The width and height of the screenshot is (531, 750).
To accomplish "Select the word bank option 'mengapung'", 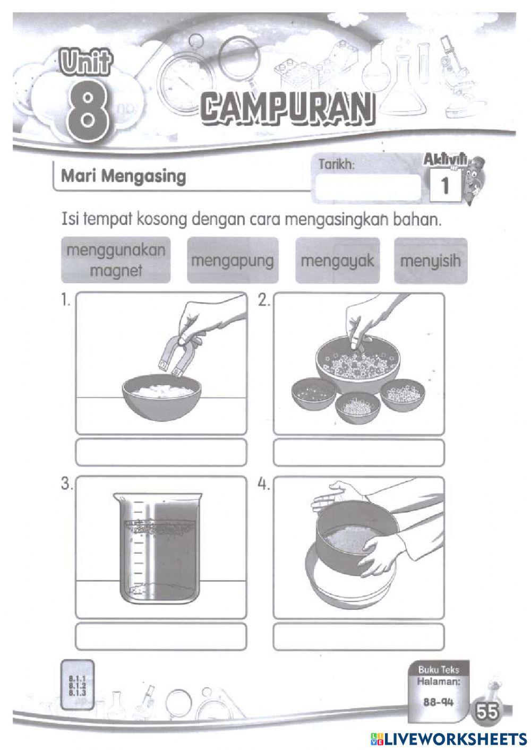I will click(232, 261).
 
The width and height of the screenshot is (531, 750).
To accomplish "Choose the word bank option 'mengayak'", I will click(337, 261).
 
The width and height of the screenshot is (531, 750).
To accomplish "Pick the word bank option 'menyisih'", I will click(430, 261).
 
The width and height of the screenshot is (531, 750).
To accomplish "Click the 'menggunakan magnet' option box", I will click(116, 260).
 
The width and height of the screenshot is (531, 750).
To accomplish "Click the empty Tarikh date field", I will click(366, 187).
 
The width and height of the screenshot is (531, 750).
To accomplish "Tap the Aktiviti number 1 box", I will click(444, 186).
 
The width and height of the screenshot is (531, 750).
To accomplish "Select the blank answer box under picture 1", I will click(161, 452).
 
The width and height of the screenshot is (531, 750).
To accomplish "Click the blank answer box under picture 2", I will click(358, 452).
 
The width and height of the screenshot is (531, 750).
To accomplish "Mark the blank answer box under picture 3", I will click(161, 636).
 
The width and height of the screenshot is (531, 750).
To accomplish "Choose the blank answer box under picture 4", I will click(358, 636).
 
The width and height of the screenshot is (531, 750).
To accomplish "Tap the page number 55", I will click(487, 711).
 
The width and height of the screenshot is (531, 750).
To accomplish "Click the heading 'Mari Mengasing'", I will click(123, 176).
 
